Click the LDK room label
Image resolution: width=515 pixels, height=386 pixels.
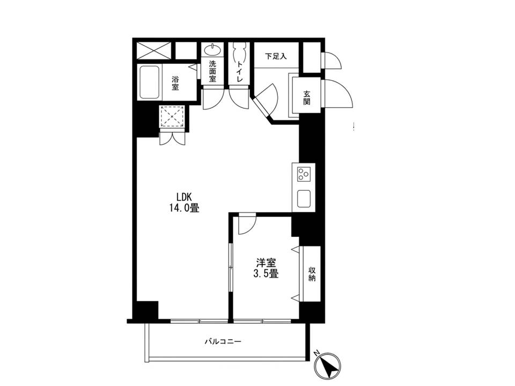coord(184,197)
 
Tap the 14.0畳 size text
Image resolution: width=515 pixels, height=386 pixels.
coord(184,208)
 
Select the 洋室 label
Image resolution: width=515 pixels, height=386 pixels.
coord(266,263)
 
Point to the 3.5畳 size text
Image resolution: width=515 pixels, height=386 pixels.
coord(266,273)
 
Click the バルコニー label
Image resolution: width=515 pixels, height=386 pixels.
coord(223,342)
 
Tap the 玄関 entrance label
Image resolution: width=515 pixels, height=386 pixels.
coord(306,98)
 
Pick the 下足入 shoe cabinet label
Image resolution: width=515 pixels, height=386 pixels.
coord(276,56)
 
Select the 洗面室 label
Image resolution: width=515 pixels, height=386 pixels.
coord(213,71)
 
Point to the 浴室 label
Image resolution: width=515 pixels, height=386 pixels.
coord(175,84)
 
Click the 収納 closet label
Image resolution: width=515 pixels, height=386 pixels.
coord(312,274)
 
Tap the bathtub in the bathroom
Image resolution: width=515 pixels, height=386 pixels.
coord(150,82)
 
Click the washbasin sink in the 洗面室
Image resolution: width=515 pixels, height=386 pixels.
coord(212,50)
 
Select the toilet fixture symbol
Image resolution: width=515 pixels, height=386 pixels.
coord(239,52)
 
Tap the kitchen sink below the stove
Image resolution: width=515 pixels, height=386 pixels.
coord(304,198)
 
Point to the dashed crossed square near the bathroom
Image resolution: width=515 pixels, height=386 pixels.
coord(172,116)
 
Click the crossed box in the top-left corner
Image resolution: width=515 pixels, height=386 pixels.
coord(153,50)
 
